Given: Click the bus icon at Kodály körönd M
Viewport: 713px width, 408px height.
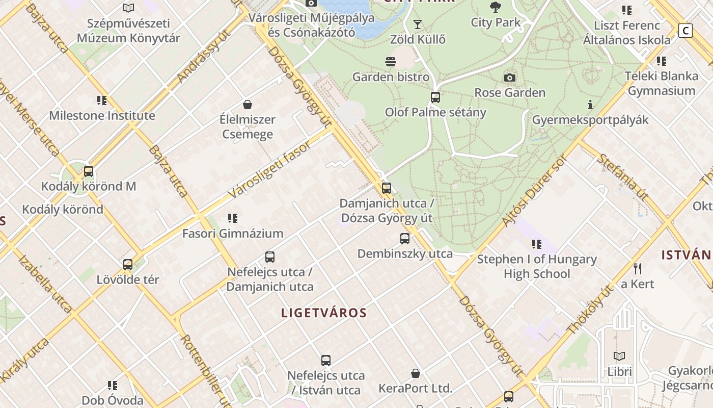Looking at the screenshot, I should [x=89, y=171].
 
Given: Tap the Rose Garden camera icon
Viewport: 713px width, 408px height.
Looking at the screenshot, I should [x=509, y=78].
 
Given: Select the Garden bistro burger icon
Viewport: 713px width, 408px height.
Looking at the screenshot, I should [x=391, y=62].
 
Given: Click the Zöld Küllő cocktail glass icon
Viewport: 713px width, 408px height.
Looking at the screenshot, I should [x=418, y=24].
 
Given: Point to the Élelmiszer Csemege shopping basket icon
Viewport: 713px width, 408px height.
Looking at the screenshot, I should [x=248, y=105].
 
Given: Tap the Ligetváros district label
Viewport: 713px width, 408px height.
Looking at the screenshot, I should [x=324, y=313].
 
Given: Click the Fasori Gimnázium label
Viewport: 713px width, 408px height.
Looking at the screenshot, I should [x=233, y=234].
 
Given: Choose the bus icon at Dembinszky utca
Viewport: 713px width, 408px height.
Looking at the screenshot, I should [x=405, y=238].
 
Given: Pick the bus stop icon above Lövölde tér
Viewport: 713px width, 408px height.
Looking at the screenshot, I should [x=128, y=265].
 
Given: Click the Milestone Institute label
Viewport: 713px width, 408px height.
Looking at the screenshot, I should [x=102, y=115].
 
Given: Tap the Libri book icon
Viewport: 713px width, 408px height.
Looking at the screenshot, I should [x=619, y=356].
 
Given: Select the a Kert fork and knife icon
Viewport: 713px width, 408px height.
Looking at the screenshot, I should [x=637, y=268].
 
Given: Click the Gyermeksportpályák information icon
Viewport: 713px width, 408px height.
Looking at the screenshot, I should [x=590, y=105].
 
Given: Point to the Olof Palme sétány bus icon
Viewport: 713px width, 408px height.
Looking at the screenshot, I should [x=435, y=97].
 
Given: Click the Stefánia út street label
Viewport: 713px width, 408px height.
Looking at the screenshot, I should [x=622, y=176].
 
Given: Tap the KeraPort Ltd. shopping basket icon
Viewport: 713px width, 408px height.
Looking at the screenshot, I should [x=416, y=373].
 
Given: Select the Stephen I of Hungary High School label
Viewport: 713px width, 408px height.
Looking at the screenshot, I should [x=537, y=266].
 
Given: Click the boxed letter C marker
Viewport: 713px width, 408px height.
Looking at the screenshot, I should [x=685, y=31].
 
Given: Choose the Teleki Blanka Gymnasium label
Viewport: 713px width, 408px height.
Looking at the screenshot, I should [x=662, y=83].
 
